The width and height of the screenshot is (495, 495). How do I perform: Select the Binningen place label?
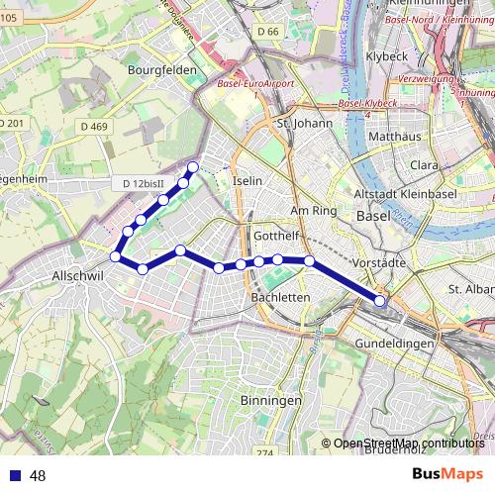coord(270,400)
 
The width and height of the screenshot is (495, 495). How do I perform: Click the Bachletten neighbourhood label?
coord(281,296)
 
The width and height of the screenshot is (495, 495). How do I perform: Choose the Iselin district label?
coord(247,182)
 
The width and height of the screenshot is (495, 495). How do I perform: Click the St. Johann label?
coord(301,124)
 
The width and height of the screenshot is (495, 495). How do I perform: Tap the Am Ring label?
coord(307,211)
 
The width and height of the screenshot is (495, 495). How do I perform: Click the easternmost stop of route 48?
coord(380,300)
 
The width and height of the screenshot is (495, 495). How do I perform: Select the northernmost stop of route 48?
coord(193,166)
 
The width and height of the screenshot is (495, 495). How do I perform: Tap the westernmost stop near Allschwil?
coord(116,256)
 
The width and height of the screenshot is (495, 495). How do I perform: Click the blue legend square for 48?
coord(15,475)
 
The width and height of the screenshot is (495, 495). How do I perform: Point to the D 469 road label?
coord(94,126)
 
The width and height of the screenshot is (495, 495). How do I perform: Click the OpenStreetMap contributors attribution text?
coord(408,443)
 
